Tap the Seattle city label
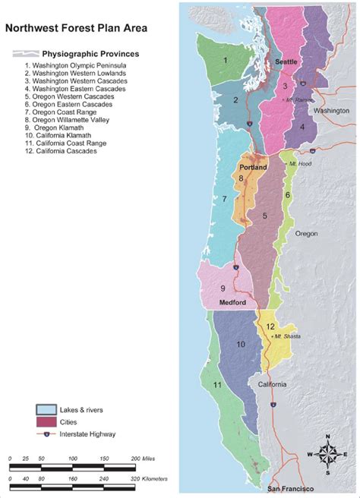pyautogui.click(x=287, y=61)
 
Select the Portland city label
pyautogui.click(x=252, y=166)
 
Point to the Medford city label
pyautogui.click(x=233, y=302)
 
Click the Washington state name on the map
pyautogui.click(x=333, y=111)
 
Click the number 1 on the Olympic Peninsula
pyautogui.click(x=226, y=59)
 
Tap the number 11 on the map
pyautogui.click(x=217, y=385)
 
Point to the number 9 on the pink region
pyautogui.click(x=223, y=288)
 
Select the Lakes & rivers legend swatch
pyautogui.click(x=48, y=409)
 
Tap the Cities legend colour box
pyautogui.click(x=48, y=421)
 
